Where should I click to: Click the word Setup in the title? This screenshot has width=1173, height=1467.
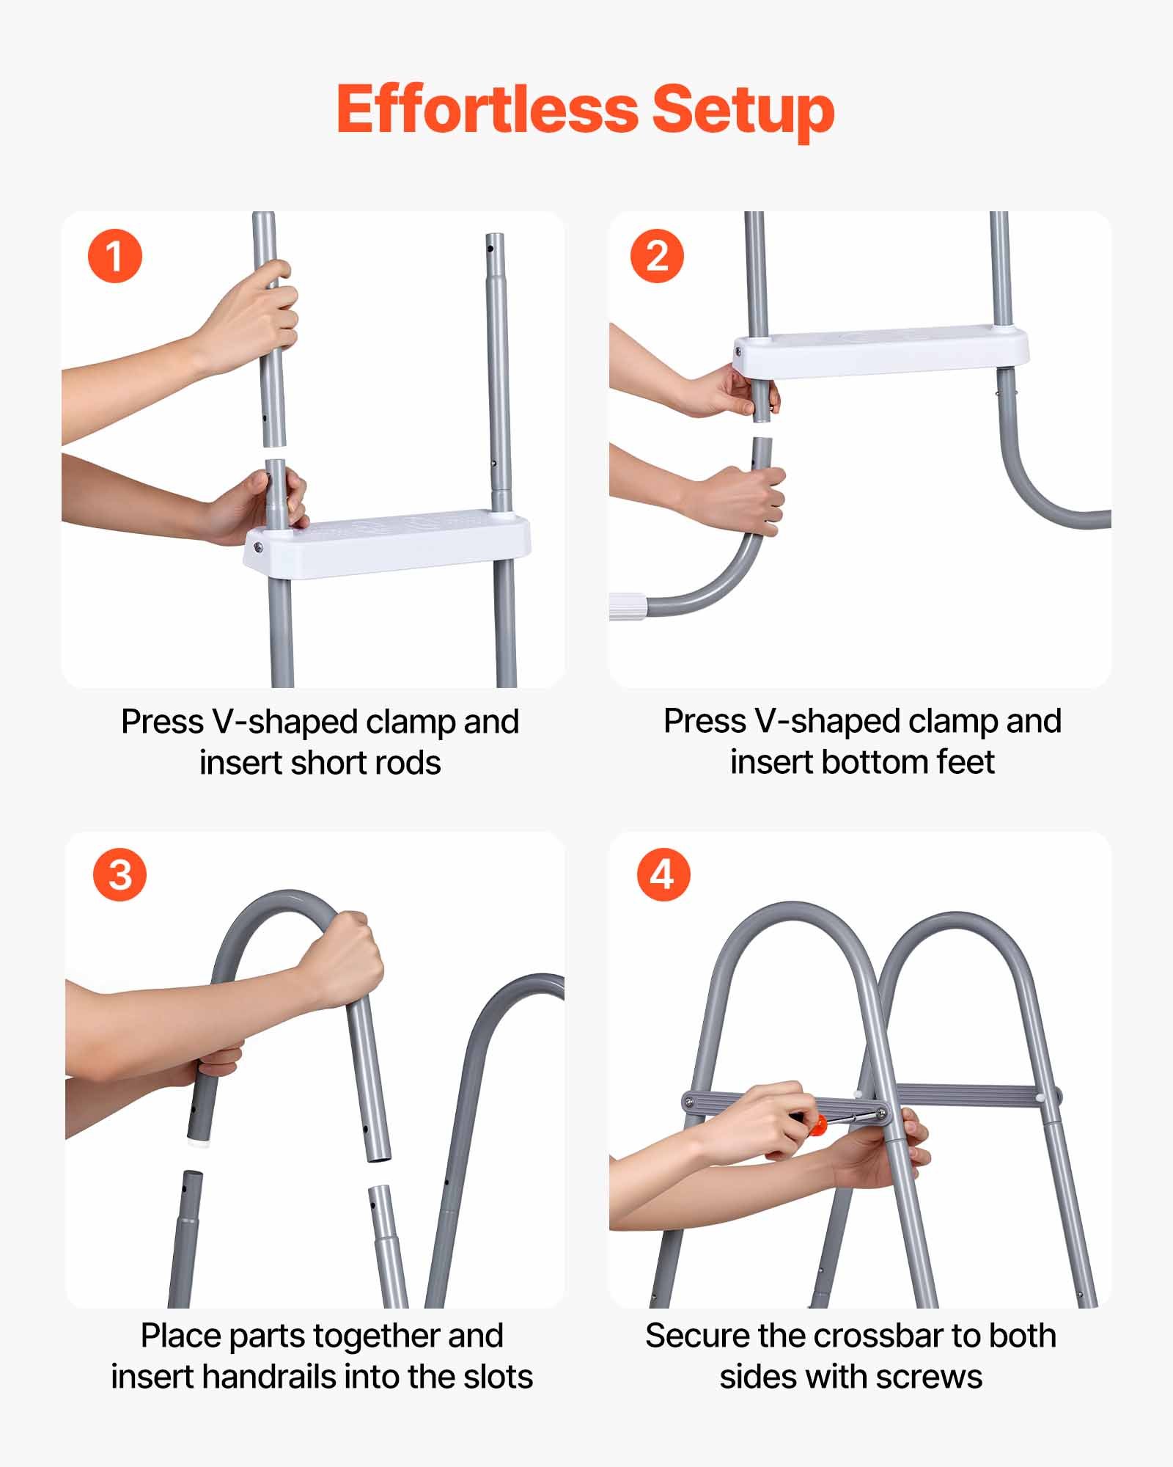743,109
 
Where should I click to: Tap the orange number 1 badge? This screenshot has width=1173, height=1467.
114,257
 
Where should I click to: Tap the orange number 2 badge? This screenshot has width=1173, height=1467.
657,257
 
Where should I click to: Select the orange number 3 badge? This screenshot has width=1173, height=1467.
119,875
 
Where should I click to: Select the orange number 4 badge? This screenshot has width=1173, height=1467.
663,874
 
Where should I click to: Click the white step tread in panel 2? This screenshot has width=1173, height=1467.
880,351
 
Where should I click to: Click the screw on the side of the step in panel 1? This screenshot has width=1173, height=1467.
258,546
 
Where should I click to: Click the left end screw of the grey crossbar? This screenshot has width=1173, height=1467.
688,1101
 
